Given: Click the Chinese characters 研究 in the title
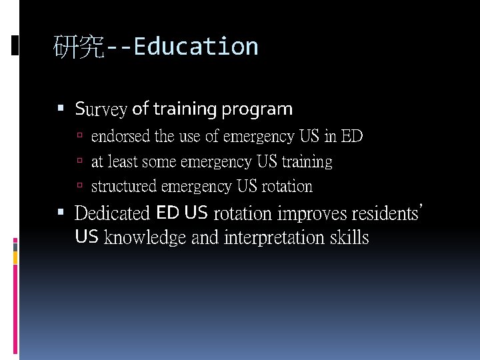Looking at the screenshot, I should point(79,47).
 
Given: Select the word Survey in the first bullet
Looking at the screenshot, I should point(101,109).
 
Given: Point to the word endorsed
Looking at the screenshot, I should point(121,137).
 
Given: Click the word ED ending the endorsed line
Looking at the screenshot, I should point(351,137).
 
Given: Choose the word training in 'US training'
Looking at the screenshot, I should point(307,162).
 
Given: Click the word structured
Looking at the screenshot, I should point(124,186).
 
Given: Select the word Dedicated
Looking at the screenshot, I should point(112,213).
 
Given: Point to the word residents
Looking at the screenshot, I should point(383,213).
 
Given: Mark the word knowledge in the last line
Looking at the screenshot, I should point(145,237).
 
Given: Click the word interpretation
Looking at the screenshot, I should point(275,237).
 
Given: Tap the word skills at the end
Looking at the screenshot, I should point(349,237).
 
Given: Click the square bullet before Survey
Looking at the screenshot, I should point(61,107).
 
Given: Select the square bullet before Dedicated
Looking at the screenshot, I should point(61,213).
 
